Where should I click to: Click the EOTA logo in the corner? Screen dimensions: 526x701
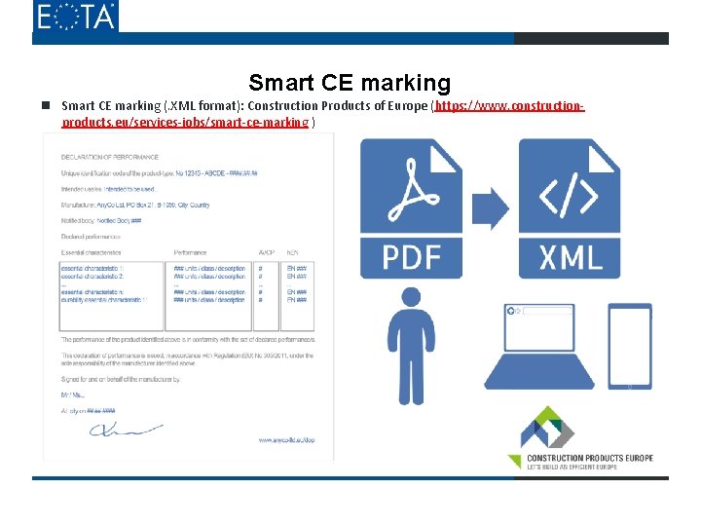pyautogui.click(x=75, y=17)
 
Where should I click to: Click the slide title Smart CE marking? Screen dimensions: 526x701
pyautogui.click(x=350, y=83)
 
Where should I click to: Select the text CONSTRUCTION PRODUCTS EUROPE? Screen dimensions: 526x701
pyautogui.click(x=589, y=458)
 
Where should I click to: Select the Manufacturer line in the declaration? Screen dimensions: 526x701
pyautogui.click(x=135, y=206)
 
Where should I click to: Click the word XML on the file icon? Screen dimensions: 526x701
pyautogui.click(x=570, y=256)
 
